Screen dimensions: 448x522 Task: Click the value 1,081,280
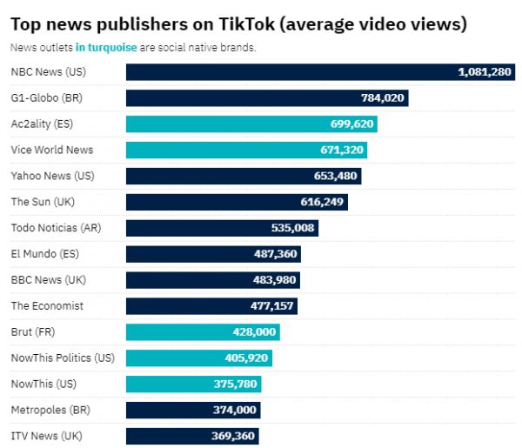(485, 71)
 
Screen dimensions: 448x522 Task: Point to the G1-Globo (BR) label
(46, 97)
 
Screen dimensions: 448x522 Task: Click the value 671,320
(342, 150)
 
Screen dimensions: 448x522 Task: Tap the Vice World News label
(52, 150)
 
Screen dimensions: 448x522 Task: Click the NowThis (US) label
(43, 384)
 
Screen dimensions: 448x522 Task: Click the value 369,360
(233, 436)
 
